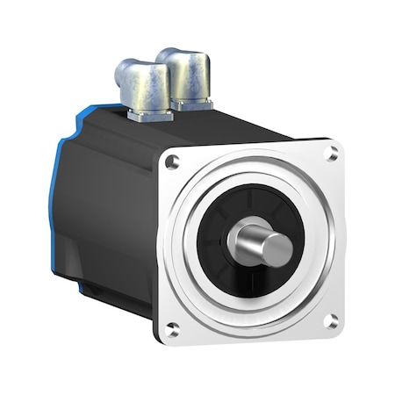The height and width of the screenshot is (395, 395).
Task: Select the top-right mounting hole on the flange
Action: pyautogui.click(x=331, y=154)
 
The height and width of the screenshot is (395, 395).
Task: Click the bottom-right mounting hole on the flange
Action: pyautogui.click(x=332, y=321)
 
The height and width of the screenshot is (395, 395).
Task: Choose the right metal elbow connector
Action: pyautogui.click(x=186, y=76)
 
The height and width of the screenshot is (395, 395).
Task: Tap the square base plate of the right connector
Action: pyautogui.click(x=190, y=104)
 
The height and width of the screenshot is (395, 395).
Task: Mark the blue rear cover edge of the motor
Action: pyautogui.click(x=55, y=202)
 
